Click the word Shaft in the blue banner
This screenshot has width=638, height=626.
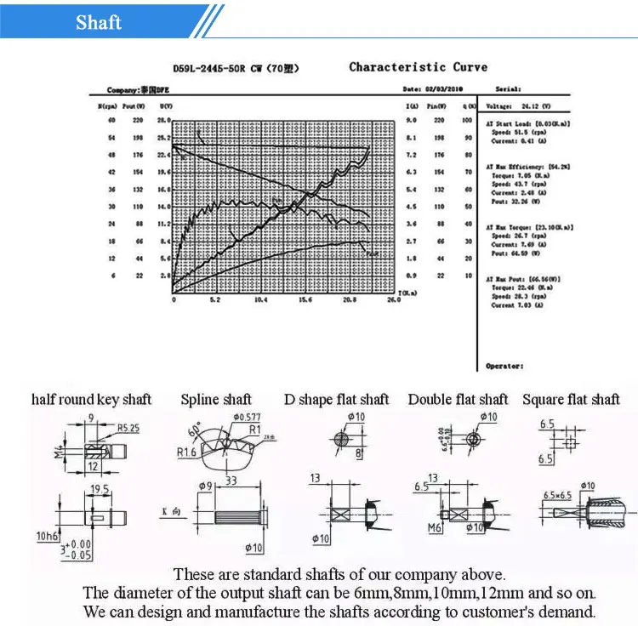[x=99, y=22]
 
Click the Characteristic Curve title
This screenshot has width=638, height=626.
[x=418, y=67]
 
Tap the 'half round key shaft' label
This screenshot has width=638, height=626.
[x=91, y=399]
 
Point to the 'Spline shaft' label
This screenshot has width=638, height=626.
[x=216, y=399]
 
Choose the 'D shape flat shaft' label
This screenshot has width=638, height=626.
[x=336, y=399]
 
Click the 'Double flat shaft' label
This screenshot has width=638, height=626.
[x=458, y=399]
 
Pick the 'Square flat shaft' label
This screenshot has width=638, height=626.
[x=571, y=399]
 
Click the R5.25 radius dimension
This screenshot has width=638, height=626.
[x=128, y=427]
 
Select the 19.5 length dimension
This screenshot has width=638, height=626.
[x=100, y=488]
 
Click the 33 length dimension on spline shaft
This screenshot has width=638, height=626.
[x=231, y=481]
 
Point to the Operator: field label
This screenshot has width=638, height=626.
[x=504, y=366]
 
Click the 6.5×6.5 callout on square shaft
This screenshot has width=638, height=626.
[x=558, y=494]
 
